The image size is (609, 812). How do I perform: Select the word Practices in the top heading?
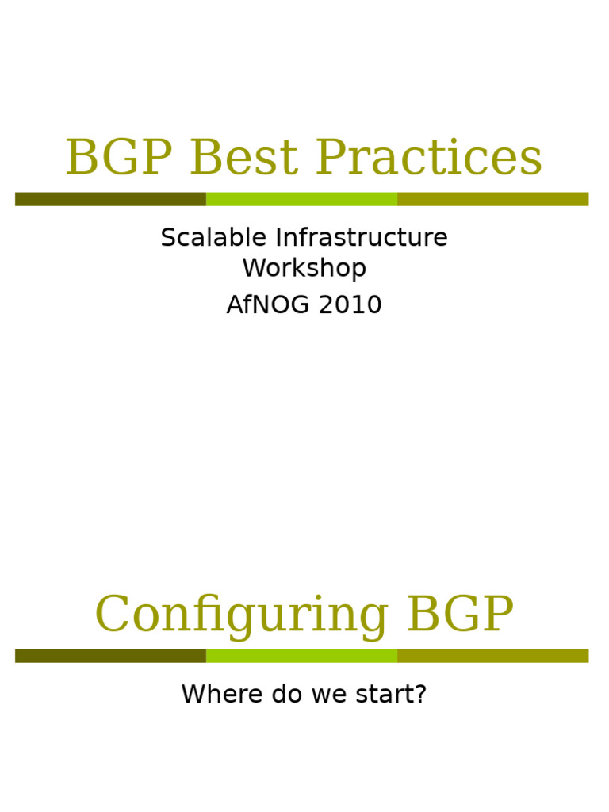(429, 158)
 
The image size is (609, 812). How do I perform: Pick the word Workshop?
(304, 268)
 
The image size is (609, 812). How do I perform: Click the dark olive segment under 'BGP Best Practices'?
(110, 199)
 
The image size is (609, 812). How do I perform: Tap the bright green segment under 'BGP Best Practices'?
(301, 199)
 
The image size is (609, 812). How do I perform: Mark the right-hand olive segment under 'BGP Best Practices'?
(492, 199)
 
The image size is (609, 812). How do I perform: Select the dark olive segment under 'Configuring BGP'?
(110, 656)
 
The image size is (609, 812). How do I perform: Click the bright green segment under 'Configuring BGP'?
(301, 656)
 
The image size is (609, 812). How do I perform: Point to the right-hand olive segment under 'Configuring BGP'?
(492, 656)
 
